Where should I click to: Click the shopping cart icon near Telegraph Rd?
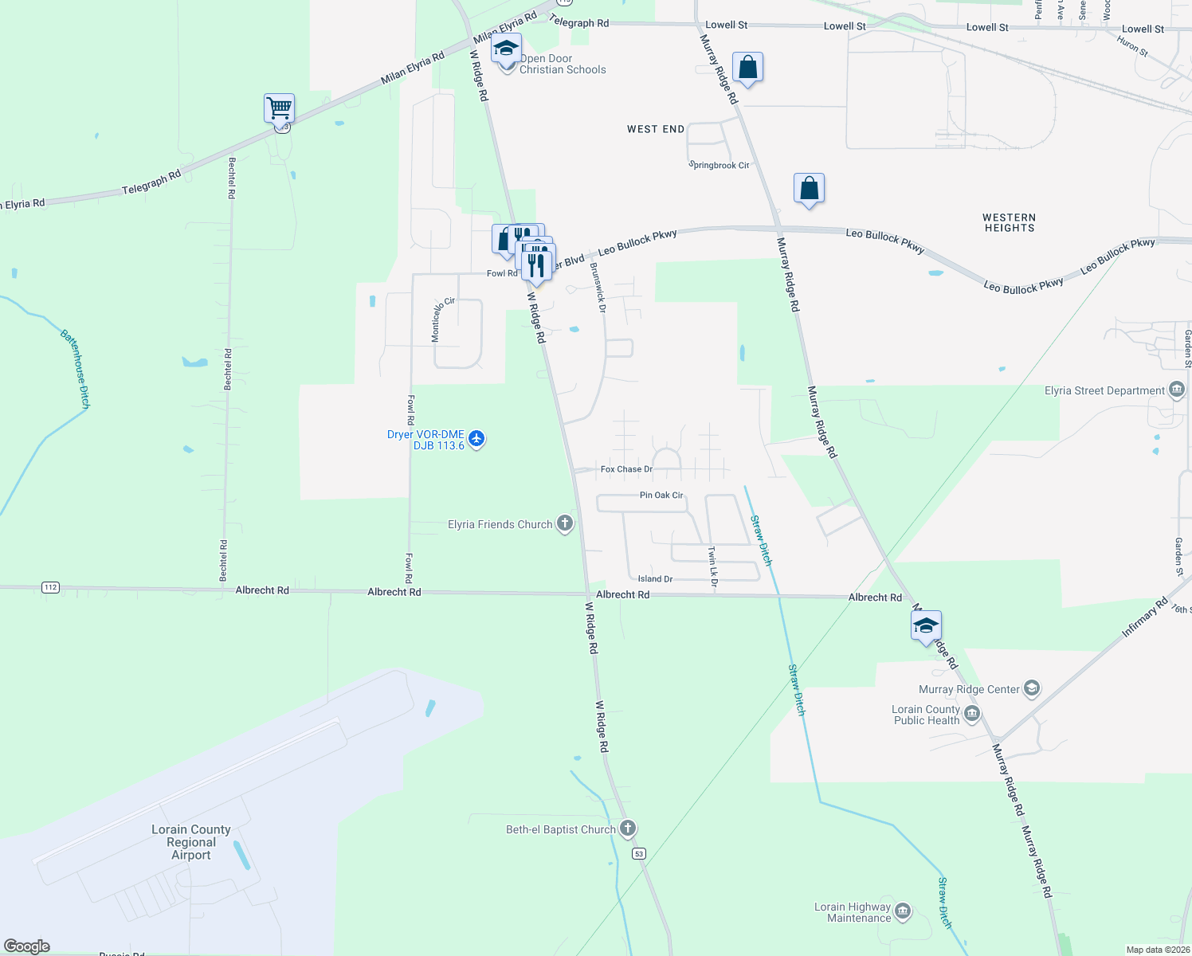pos(280,108)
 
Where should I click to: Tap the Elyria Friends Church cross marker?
pos(565,523)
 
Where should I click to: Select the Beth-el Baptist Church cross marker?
pos(628,829)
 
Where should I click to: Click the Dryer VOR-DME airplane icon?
pos(476,438)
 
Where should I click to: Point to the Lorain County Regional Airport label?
pos(191,842)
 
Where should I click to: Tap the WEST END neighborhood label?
pos(656,129)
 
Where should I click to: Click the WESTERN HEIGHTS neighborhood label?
pos(1009,222)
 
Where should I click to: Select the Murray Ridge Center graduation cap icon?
pos(1032,688)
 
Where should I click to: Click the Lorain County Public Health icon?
pos(972,714)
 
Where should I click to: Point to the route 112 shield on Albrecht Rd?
pos(51,587)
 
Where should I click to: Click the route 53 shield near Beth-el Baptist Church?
pos(639,853)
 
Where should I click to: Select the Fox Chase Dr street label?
pos(626,469)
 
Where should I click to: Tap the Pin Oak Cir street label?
pos(661,495)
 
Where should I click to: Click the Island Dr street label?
pos(655,578)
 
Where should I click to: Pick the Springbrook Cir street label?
pos(720,165)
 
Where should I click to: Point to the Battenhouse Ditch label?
pos(75,369)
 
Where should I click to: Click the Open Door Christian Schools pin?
pos(506,49)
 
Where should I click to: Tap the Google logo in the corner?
pos(27,946)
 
